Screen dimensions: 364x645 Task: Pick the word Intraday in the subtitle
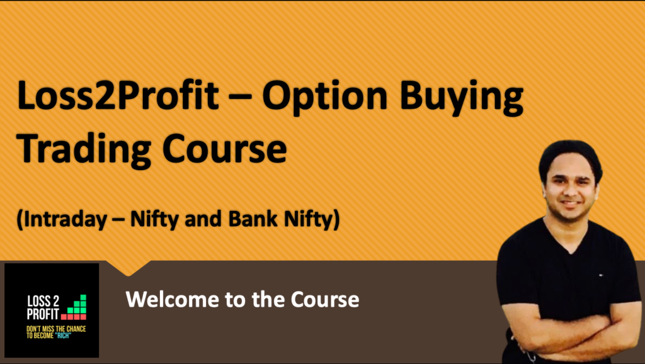pos(61,220)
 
